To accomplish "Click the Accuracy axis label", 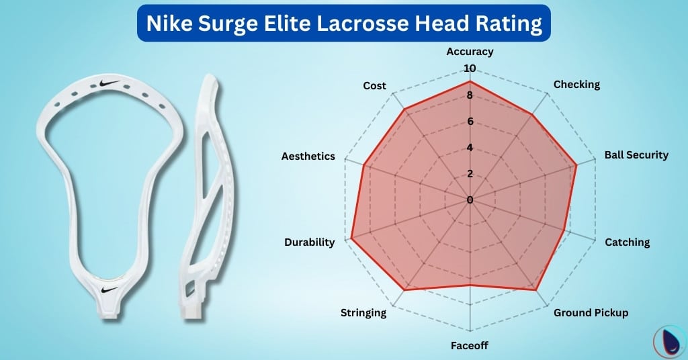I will (470, 51).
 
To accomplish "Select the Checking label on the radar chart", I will (576, 85).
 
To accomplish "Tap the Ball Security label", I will (636, 155).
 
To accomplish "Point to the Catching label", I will (627, 242).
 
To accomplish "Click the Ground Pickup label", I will (591, 313).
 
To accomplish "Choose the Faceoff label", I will (469, 346).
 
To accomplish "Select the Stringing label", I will (363, 312).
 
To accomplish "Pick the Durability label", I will (309, 242).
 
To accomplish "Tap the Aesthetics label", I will (308, 156).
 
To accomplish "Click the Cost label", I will (374, 86).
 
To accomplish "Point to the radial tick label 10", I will (469, 69).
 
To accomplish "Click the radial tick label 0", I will (470, 199).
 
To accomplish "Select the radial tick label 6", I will (470, 122).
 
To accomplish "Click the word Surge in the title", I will (235, 24).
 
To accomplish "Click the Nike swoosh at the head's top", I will (110, 84).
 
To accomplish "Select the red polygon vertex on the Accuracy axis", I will (470, 81).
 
